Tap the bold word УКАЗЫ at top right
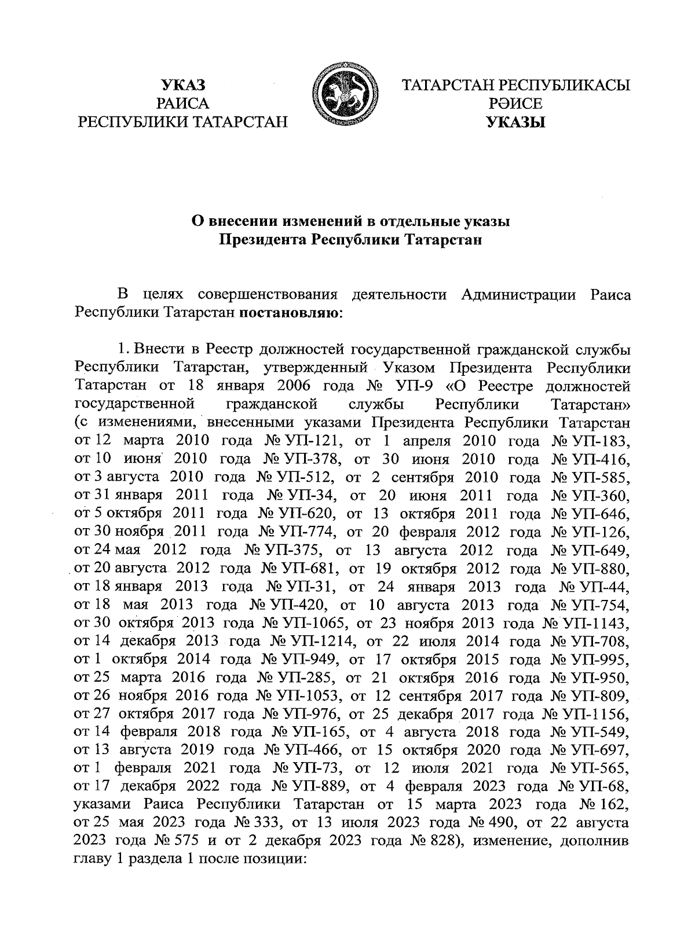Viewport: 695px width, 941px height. tap(516, 122)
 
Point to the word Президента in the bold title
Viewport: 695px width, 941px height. tap(262, 240)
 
